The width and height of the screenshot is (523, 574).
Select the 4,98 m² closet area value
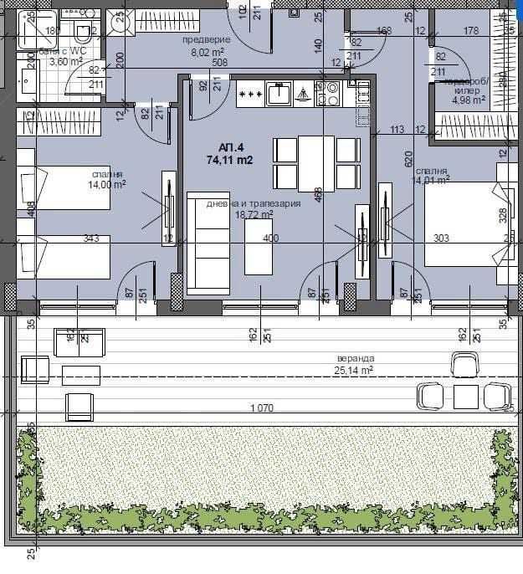[x=469, y=100]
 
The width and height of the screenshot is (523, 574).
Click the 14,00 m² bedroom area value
[x=109, y=184]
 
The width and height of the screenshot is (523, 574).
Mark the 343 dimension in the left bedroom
[x=92, y=239]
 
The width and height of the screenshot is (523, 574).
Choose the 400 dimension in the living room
[x=270, y=239]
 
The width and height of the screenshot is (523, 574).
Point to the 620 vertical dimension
[x=409, y=156]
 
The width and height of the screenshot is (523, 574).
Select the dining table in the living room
[x=316, y=163]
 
